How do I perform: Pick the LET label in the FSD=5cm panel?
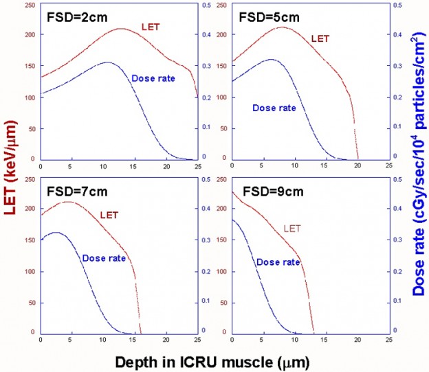(x=320, y=38)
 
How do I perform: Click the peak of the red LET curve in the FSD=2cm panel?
(x=121, y=29)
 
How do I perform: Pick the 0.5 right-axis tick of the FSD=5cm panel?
(x=397, y=5)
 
